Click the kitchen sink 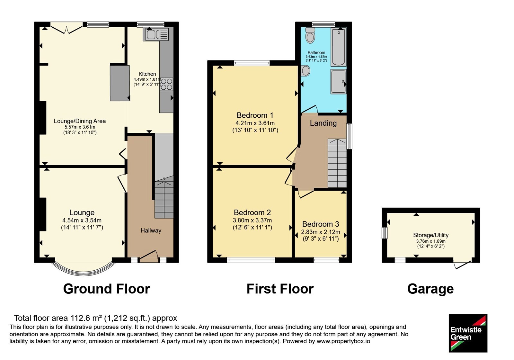tap(156, 34)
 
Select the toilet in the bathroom tap(310, 35)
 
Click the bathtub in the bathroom tap(339, 47)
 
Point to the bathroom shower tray tap(339, 82)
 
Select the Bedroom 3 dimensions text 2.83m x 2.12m tap(321, 232)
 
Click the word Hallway tap(151, 230)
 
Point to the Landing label tap(323, 123)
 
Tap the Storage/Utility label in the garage tap(431, 235)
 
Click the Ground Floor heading tap(106, 289)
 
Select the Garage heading tap(430, 289)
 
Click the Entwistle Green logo tap(468, 333)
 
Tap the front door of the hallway tap(149, 256)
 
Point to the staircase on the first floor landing tap(337, 163)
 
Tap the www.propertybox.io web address tap(343, 341)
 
